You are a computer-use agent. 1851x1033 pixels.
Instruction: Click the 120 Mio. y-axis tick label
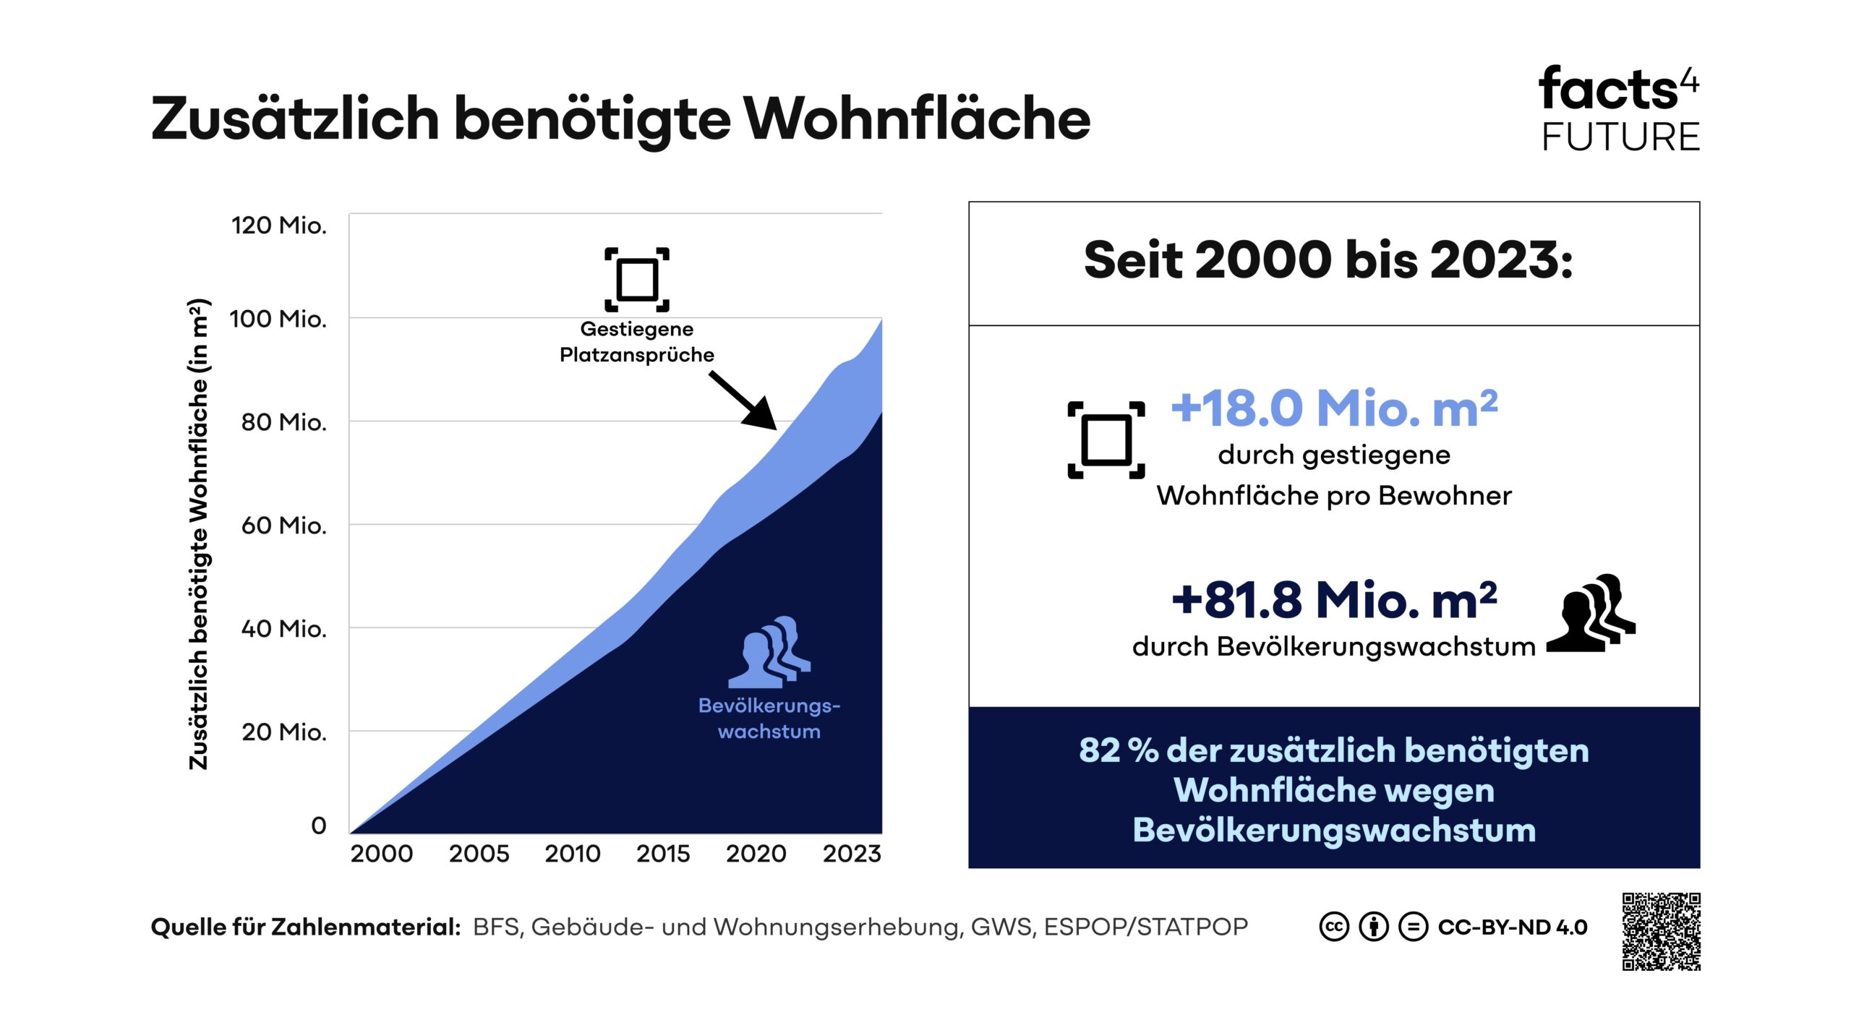pos(278,226)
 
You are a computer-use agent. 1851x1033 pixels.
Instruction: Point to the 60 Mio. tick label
pos(283,526)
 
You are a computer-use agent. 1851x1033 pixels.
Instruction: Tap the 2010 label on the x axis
pos(572,854)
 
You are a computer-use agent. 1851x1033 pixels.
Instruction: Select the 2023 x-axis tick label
pos(851,854)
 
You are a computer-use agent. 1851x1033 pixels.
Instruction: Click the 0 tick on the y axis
pos(318,826)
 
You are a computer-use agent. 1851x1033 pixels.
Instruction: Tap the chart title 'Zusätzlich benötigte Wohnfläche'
pos(620,119)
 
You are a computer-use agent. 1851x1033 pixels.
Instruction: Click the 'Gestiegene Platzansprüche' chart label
pos(636,342)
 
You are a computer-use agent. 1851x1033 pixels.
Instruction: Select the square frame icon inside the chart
pos(636,279)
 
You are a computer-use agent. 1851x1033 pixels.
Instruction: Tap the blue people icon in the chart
pos(769,651)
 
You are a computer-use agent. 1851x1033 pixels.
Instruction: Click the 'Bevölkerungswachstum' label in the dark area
pos(769,719)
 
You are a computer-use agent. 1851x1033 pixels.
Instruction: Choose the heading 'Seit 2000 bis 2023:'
pos(1328,260)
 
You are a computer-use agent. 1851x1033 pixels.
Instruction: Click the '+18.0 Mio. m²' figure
pos(1334,408)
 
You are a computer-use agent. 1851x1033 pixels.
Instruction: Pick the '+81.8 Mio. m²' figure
pos(1334,600)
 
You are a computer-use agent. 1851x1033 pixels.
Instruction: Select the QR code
pos(1661,932)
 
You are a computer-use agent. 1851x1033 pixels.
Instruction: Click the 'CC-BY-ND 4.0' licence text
pos(1512,927)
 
